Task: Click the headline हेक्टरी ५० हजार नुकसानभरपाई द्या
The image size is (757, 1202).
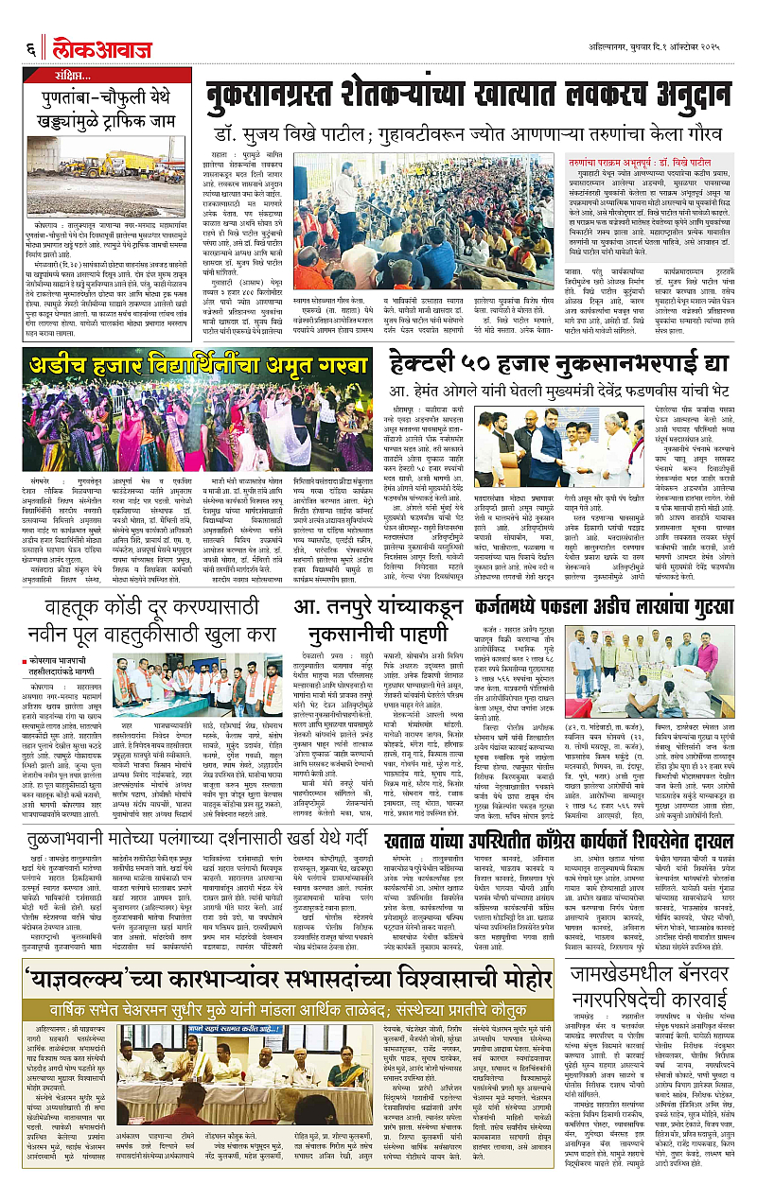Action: pyautogui.click(x=564, y=362)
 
